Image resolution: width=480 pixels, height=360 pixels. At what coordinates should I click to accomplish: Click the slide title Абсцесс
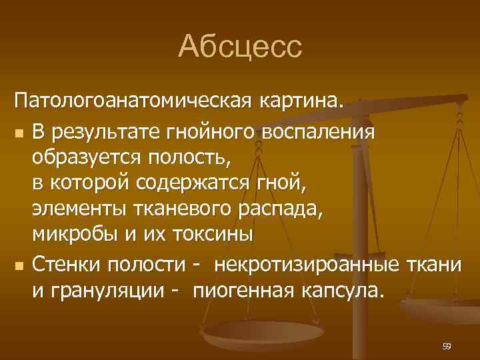[240, 47]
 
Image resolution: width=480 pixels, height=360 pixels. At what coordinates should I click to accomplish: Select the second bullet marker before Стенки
[20, 267]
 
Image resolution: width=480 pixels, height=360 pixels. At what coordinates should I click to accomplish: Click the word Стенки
[69, 265]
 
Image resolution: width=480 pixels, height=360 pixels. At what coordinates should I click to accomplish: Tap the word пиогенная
[243, 291]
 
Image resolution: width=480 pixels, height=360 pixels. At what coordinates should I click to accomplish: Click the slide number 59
[446, 346]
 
